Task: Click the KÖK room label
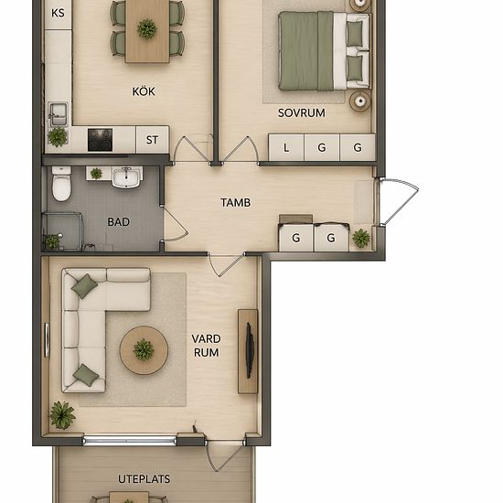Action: point(144,91)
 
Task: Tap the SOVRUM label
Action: point(301,112)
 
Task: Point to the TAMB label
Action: point(235,202)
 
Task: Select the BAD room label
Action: point(118,221)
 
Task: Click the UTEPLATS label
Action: point(144,479)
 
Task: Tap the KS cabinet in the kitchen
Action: point(58,15)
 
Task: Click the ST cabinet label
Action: point(153,140)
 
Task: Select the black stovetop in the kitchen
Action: point(100,140)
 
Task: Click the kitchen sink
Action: point(58,114)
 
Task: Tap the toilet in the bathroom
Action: point(61,184)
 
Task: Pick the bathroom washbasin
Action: point(126,177)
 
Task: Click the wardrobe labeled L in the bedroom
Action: point(286,147)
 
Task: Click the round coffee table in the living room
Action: point(144,350)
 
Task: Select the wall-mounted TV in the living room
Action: point(250,350)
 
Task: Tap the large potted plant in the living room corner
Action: point(62,415)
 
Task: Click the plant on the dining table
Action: point(147,28)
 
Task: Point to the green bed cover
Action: point(306,50)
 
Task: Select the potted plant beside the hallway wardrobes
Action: point(361,239)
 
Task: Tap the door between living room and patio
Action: point(226,455)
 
